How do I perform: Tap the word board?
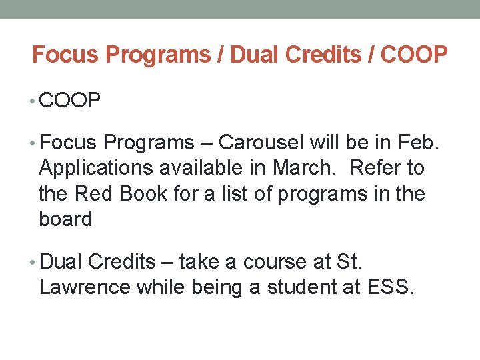tap(65, 219)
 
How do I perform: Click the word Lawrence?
tap(85, 287)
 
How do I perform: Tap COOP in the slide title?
tap(413, 55)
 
